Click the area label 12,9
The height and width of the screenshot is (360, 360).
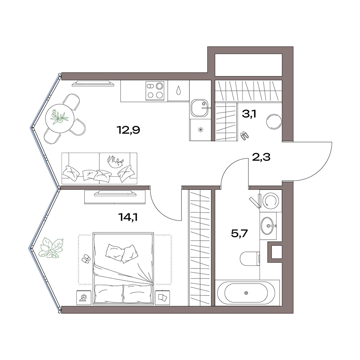pyautogui.click(x=129, y=130)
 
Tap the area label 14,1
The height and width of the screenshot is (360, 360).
pyautogui.click(x=128, y=217)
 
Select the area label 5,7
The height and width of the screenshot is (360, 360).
pyautogui.click(x=239, y=234)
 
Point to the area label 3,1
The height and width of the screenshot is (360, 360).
pyautogui.click(x=249, y=114)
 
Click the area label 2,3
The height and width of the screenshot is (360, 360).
pyautogui.click(x=261, y=157)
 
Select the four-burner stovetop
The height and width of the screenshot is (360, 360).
pyautogui.click(x=155, y=91)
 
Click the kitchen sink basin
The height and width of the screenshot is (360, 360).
pyautogui.click(x=199, y=108)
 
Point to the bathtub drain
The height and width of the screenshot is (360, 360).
pyautogui.click(x=246, y=293)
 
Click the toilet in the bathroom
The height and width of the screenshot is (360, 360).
pyautogui.click(x=250, y=259)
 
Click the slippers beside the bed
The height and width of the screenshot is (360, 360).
pyautogui.click(x=86, y=258)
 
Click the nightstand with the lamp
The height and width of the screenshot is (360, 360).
pyautogui.click(x=84, y=298)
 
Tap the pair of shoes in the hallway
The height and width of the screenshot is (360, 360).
pyautogui.click(x=244, y=135)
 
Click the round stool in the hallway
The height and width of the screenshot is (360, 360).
pyautogui.click(x=274, y=122)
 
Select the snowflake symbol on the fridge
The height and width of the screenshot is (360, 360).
pyautogui.click(x=201, y=130)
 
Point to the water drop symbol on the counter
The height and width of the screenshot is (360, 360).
pyautogui.click(x=179, y=90)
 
